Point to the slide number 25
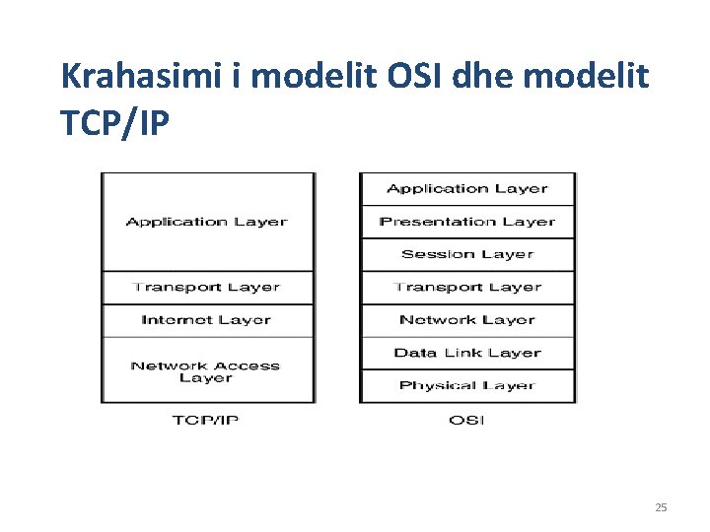click(x=661, y=507)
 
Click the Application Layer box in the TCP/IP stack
click(x=207, y=222)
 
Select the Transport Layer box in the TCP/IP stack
click(x=207, y=288)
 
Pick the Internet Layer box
click(x=207, y=320)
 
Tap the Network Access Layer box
click(x=207, y=370)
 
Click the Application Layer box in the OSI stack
click(x=467, y=188)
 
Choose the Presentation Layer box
click(x=467, y=222)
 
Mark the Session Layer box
click(x=467, y=254)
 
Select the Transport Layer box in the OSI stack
click(x=467, y=288)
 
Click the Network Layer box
click(x=467, y=320)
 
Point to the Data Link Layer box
click(x=467, y=353)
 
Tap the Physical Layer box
click(x=467, y=385)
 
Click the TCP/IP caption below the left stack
click(x=205, y=421)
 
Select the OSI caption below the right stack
click(x=466, y=421)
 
